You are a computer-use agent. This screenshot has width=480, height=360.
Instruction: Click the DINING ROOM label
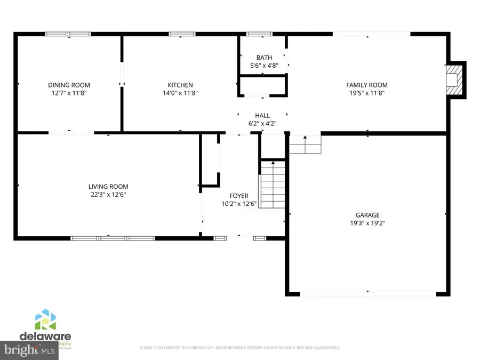click(69, 85)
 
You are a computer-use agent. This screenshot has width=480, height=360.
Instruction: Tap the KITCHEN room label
click(180, 85)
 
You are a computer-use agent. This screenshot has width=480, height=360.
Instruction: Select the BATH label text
click(264, 58)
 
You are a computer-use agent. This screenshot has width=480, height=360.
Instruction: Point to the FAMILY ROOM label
click(366, 85)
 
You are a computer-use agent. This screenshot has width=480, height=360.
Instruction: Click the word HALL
click(262, 115)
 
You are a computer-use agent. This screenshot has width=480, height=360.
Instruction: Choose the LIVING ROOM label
click(108, 187)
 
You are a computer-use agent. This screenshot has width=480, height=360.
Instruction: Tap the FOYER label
click(239, 196)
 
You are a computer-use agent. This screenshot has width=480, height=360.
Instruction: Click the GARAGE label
click(368, 215)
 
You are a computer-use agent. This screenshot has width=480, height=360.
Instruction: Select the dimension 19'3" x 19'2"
click(368, 223)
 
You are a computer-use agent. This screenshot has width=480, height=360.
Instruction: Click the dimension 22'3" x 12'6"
click(108, 195)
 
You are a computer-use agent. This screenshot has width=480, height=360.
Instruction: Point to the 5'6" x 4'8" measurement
click(264, 66)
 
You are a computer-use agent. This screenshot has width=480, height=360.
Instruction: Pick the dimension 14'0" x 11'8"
click(180, 93)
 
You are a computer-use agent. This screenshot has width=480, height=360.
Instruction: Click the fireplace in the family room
click(454, 80)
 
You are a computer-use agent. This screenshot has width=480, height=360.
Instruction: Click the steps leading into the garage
click(306, 145)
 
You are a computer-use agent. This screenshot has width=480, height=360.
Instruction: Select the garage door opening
click(368, 293)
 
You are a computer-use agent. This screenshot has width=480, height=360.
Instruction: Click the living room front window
click(113, 238)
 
